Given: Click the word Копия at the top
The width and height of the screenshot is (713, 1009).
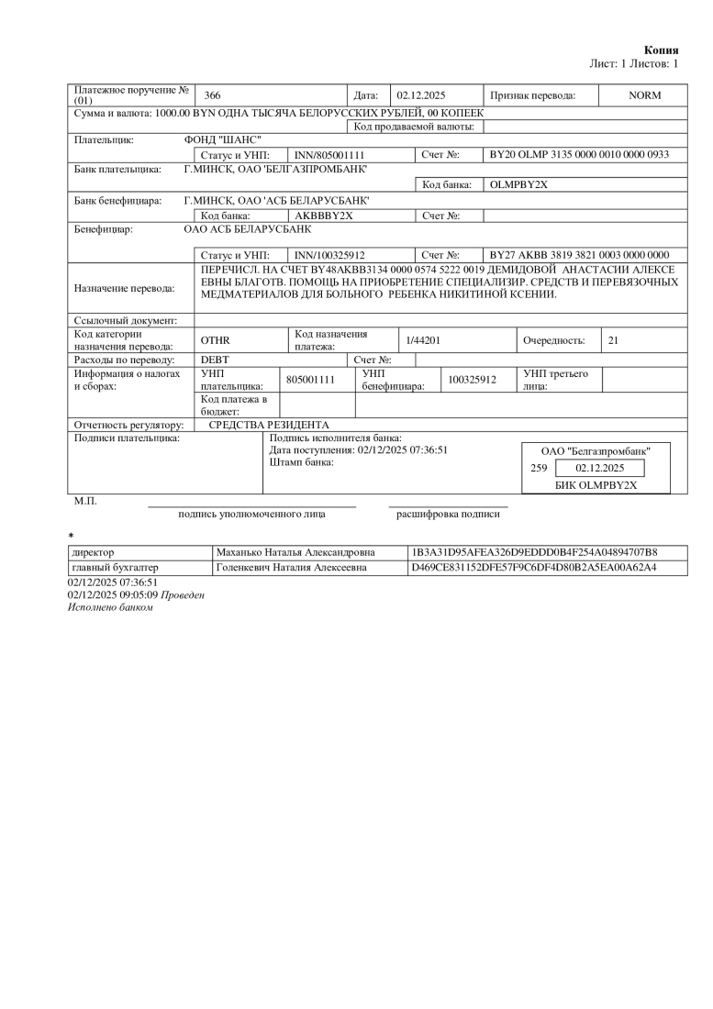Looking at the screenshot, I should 662,50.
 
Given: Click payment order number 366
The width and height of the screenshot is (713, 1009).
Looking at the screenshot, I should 212,95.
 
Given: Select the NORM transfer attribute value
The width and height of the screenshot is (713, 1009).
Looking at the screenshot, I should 644,95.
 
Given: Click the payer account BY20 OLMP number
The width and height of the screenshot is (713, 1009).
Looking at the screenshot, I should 580,155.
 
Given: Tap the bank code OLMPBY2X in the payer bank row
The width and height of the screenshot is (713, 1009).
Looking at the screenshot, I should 519,184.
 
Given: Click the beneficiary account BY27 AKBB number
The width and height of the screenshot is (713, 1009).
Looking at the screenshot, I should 580,254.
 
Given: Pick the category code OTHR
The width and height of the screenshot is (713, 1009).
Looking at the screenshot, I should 215,340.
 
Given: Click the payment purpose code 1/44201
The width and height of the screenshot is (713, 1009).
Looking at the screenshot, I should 424,340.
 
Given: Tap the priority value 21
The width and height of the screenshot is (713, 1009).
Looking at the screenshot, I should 614,340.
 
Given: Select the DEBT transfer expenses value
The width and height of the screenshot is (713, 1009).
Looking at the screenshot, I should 215,360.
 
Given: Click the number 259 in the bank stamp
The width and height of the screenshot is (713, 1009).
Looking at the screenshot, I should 539,468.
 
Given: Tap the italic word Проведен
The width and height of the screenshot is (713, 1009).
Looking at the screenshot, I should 183,594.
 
